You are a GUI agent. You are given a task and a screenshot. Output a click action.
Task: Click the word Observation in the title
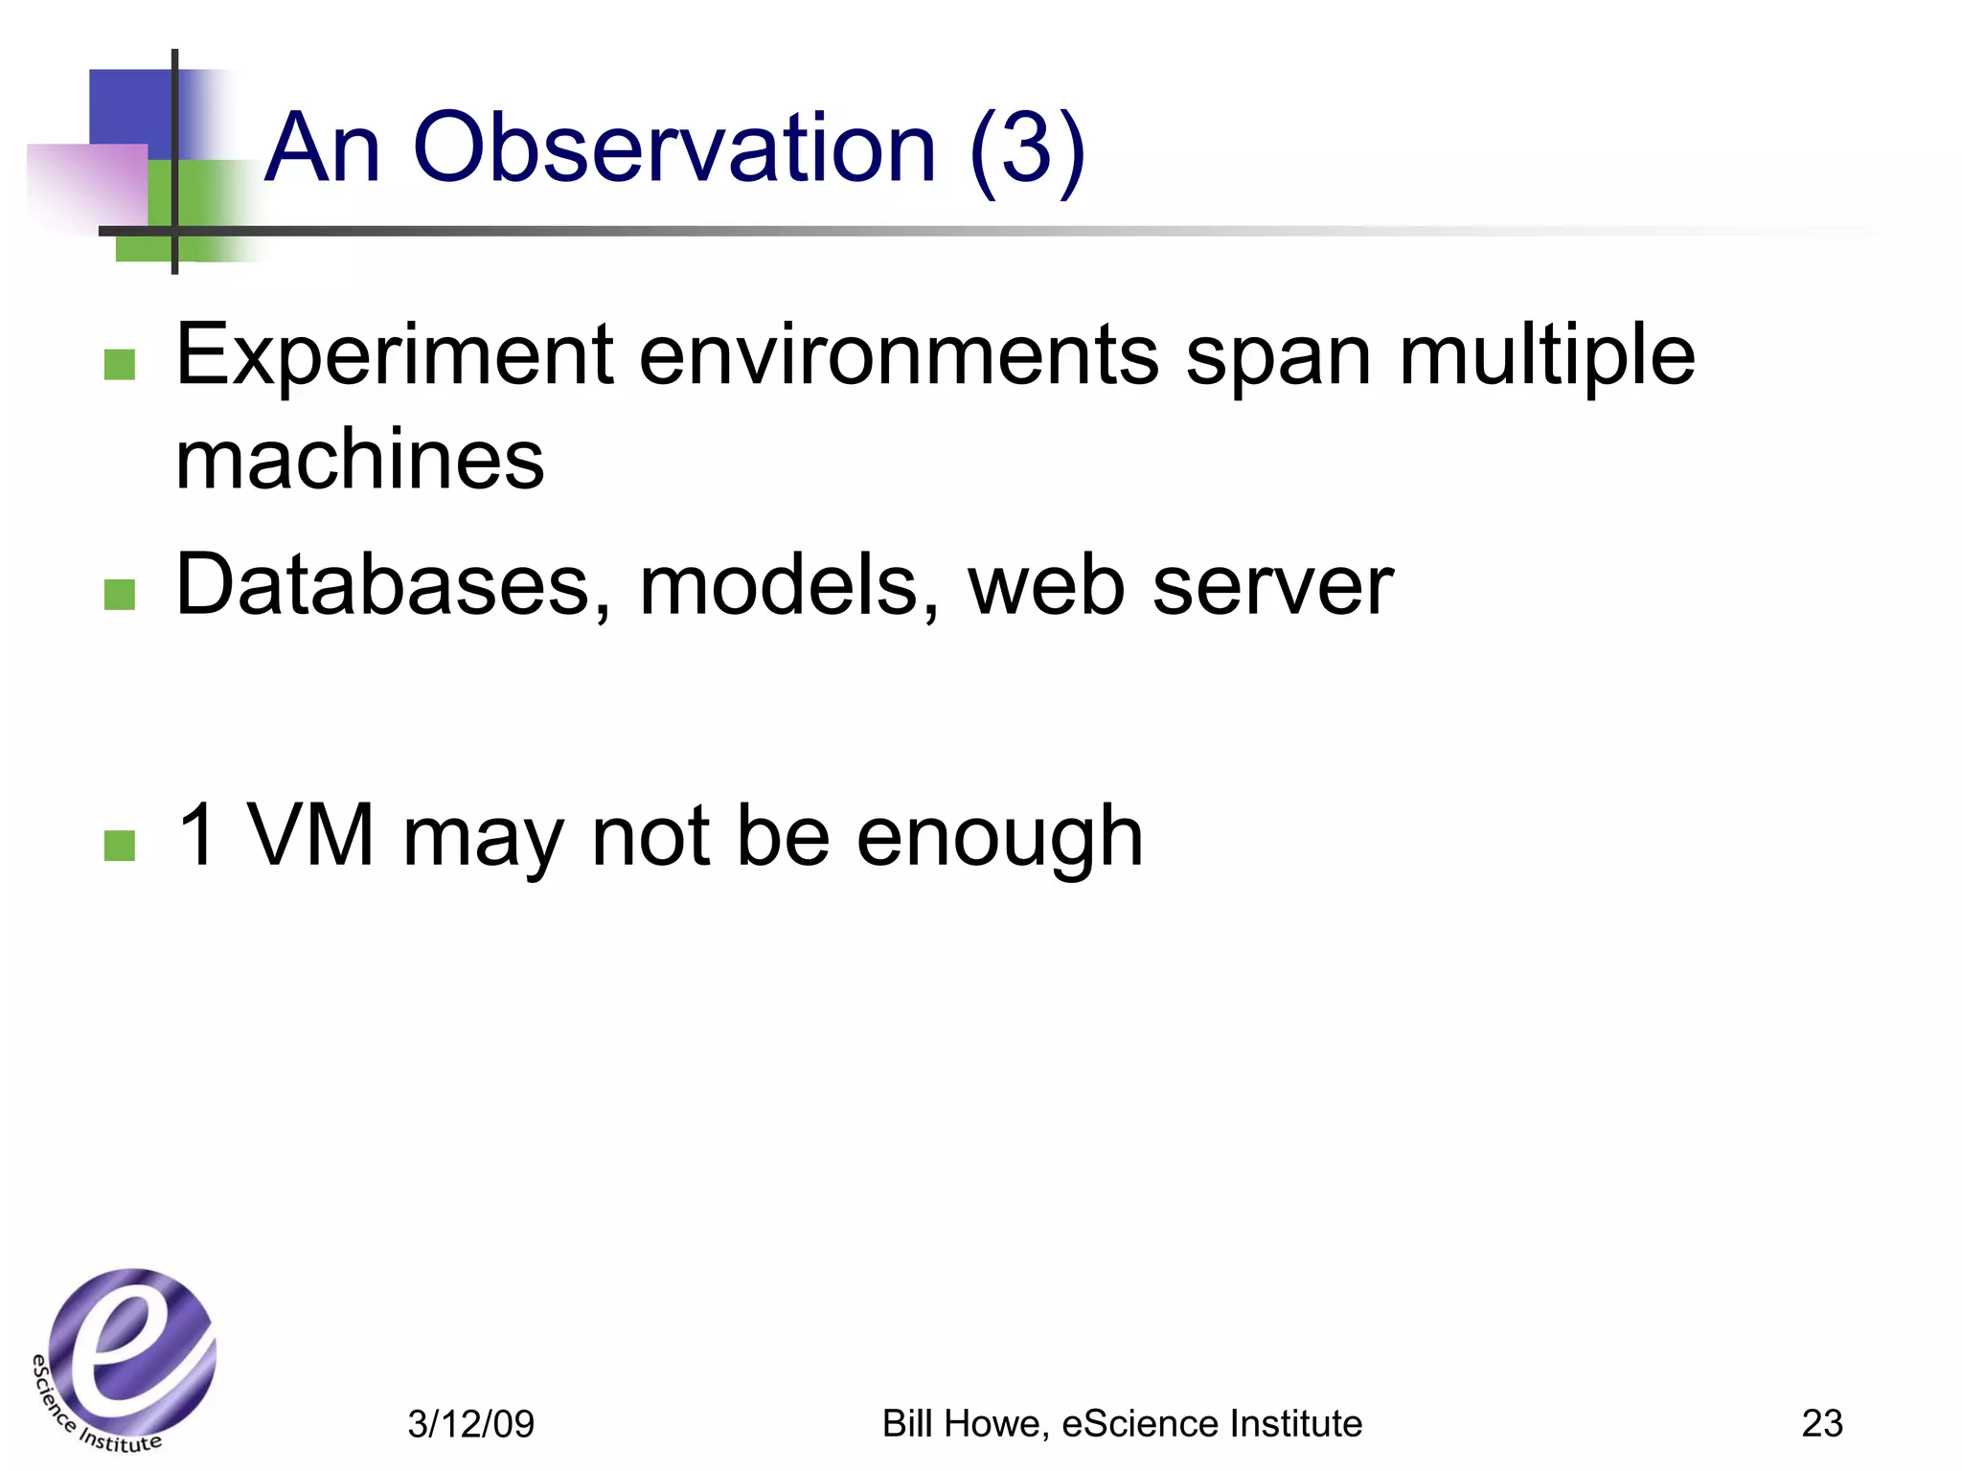pos(673,148)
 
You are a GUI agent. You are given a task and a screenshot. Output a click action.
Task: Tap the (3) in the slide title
pos(1027,148)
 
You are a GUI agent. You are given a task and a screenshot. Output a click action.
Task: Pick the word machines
pos(360,460)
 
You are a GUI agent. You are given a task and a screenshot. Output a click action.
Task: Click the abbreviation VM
pos(310,835)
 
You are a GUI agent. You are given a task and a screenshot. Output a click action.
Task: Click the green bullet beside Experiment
pos(120,364)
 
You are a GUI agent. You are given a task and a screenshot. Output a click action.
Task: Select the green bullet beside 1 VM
pos(120,845)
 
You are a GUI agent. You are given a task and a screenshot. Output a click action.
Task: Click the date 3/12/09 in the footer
pos(470,1424)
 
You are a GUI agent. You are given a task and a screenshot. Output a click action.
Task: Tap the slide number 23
pos(1821,1424)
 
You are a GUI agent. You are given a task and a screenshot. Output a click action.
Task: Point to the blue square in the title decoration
pos(129,105)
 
